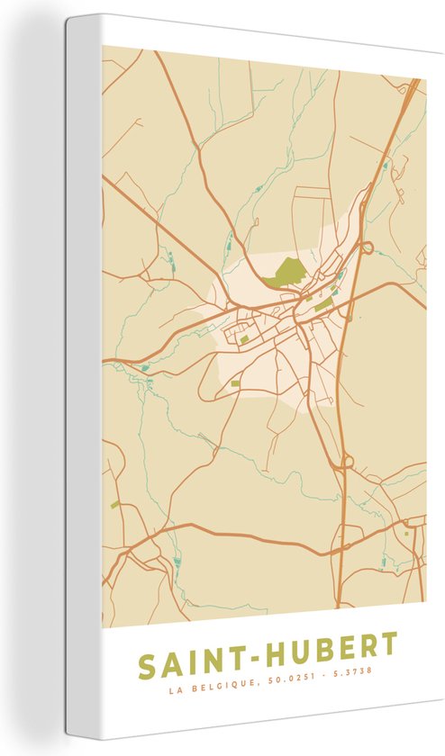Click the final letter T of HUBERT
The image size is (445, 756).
(x=387, y=644)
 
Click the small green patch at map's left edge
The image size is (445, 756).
(x=114, y=505)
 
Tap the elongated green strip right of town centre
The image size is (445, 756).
(x=323, y=306)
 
